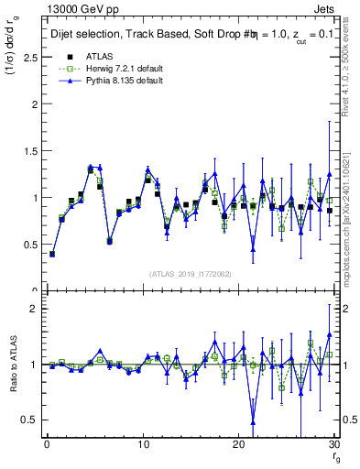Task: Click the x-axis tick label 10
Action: coord(142,444)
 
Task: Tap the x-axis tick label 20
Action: coord(238,444)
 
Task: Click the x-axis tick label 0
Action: coord(47,444)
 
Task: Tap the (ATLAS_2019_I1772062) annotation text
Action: coord(190,274)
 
